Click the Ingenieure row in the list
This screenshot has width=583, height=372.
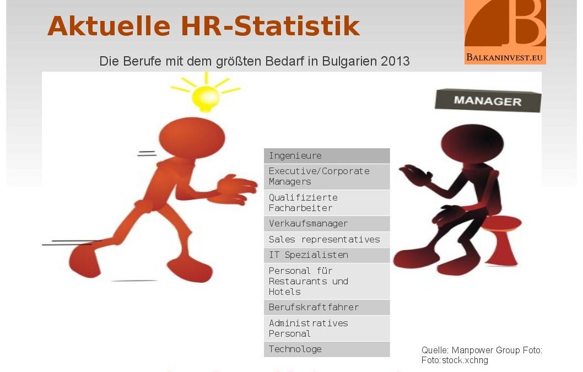coord(327,156)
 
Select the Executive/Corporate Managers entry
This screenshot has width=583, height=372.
coord(327,177)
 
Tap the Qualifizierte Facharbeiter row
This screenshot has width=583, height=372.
coord(327,203)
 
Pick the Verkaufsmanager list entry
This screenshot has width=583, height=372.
coord(327,224)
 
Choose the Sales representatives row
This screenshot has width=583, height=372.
coord(327,240)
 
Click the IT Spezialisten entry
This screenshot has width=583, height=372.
coord(327,255)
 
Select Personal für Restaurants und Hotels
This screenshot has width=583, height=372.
coord(327,281)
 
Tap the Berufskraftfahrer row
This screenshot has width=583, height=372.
coord(327,308)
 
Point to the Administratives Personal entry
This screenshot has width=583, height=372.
coord(327,328)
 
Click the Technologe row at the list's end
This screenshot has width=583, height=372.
coord(327,349)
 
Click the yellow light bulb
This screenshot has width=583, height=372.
coord(206,98)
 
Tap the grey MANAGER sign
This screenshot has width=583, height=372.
coord(488,100)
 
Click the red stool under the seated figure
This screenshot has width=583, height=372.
coord(501,240)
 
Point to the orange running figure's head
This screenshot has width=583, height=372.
coord(192,138)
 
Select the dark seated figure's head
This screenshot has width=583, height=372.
coord(472,144)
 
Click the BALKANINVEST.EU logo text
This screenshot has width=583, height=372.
coord(505,58)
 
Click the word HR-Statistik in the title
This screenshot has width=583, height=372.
coord(271,26)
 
